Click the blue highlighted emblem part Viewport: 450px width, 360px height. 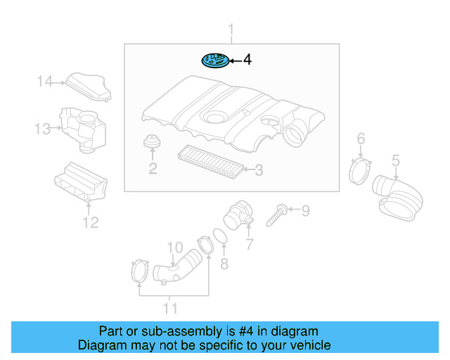click(x=215, y=60)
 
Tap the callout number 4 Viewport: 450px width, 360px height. click(x=247, y=60)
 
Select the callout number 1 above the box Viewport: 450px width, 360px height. click(x=231, y=30)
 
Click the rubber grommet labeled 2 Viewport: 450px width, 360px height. click(x=152, y=141)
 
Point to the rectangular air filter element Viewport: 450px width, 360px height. click(x=211, y=161)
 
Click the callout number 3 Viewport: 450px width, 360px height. click(x=259, y=170)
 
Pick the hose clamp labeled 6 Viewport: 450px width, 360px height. click(x=359, y=172)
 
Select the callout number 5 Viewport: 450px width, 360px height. click(x=396, y=160)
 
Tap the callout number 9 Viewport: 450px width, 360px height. click(x=306, y=211)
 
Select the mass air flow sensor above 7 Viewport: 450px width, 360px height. click(x=238, y=215)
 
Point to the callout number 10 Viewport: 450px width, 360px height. click(x=175, y=247)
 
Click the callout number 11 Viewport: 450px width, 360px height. click(x=170, y=309)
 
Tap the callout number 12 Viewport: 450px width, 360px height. click(x=91, y=222)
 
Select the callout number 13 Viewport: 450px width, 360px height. click(x=42, y=129)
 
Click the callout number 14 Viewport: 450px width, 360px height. click(x=44, y=82)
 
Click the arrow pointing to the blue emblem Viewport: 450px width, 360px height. click(x=236, y=61)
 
